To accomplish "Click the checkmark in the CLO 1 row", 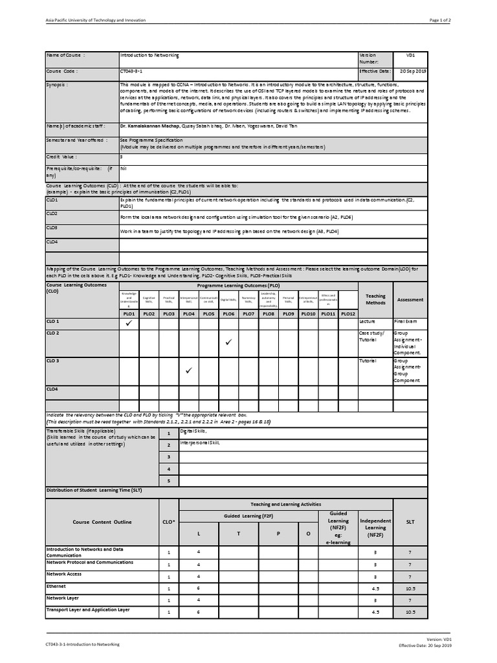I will pyautogui.click(x=129, y=323).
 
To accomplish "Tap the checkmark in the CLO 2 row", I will pyautogui.click(x=228, y=342).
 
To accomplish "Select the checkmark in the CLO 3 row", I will pyautogui.click(x=189, y=371).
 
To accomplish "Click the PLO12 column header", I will pyautogui.click(x=348, y=313).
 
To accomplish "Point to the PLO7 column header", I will pyautogui.click(x=248, y=313).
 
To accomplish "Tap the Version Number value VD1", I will pyautogui.click(x=410, y=56).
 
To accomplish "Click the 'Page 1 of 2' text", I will pyautogui.click(x=441, y=20).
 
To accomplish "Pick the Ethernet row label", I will pyautogui.click(x=56, y=586).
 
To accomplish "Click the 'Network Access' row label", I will pyautogui.click(x=64, y=574).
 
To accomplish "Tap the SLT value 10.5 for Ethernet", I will pyautogui.click(x=410, y=588).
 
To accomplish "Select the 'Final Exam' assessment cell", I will pyautogui.click(x=406, y=321).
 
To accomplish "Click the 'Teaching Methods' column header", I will pyautogui.click(x=375, y=299).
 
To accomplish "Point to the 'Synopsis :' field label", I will pyautogui.click(x=58, y=85).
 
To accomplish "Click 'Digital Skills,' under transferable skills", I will pyautogui.click(x=193, y=431).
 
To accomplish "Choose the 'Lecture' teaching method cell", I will pyautogui.click(x=368, y=321).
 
